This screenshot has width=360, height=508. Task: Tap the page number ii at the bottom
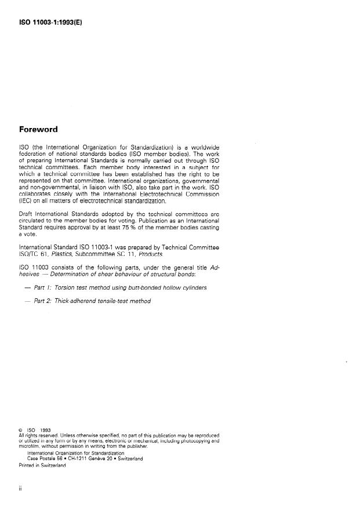click(21, 489)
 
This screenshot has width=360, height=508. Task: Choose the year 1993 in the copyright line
click(46, 430)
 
